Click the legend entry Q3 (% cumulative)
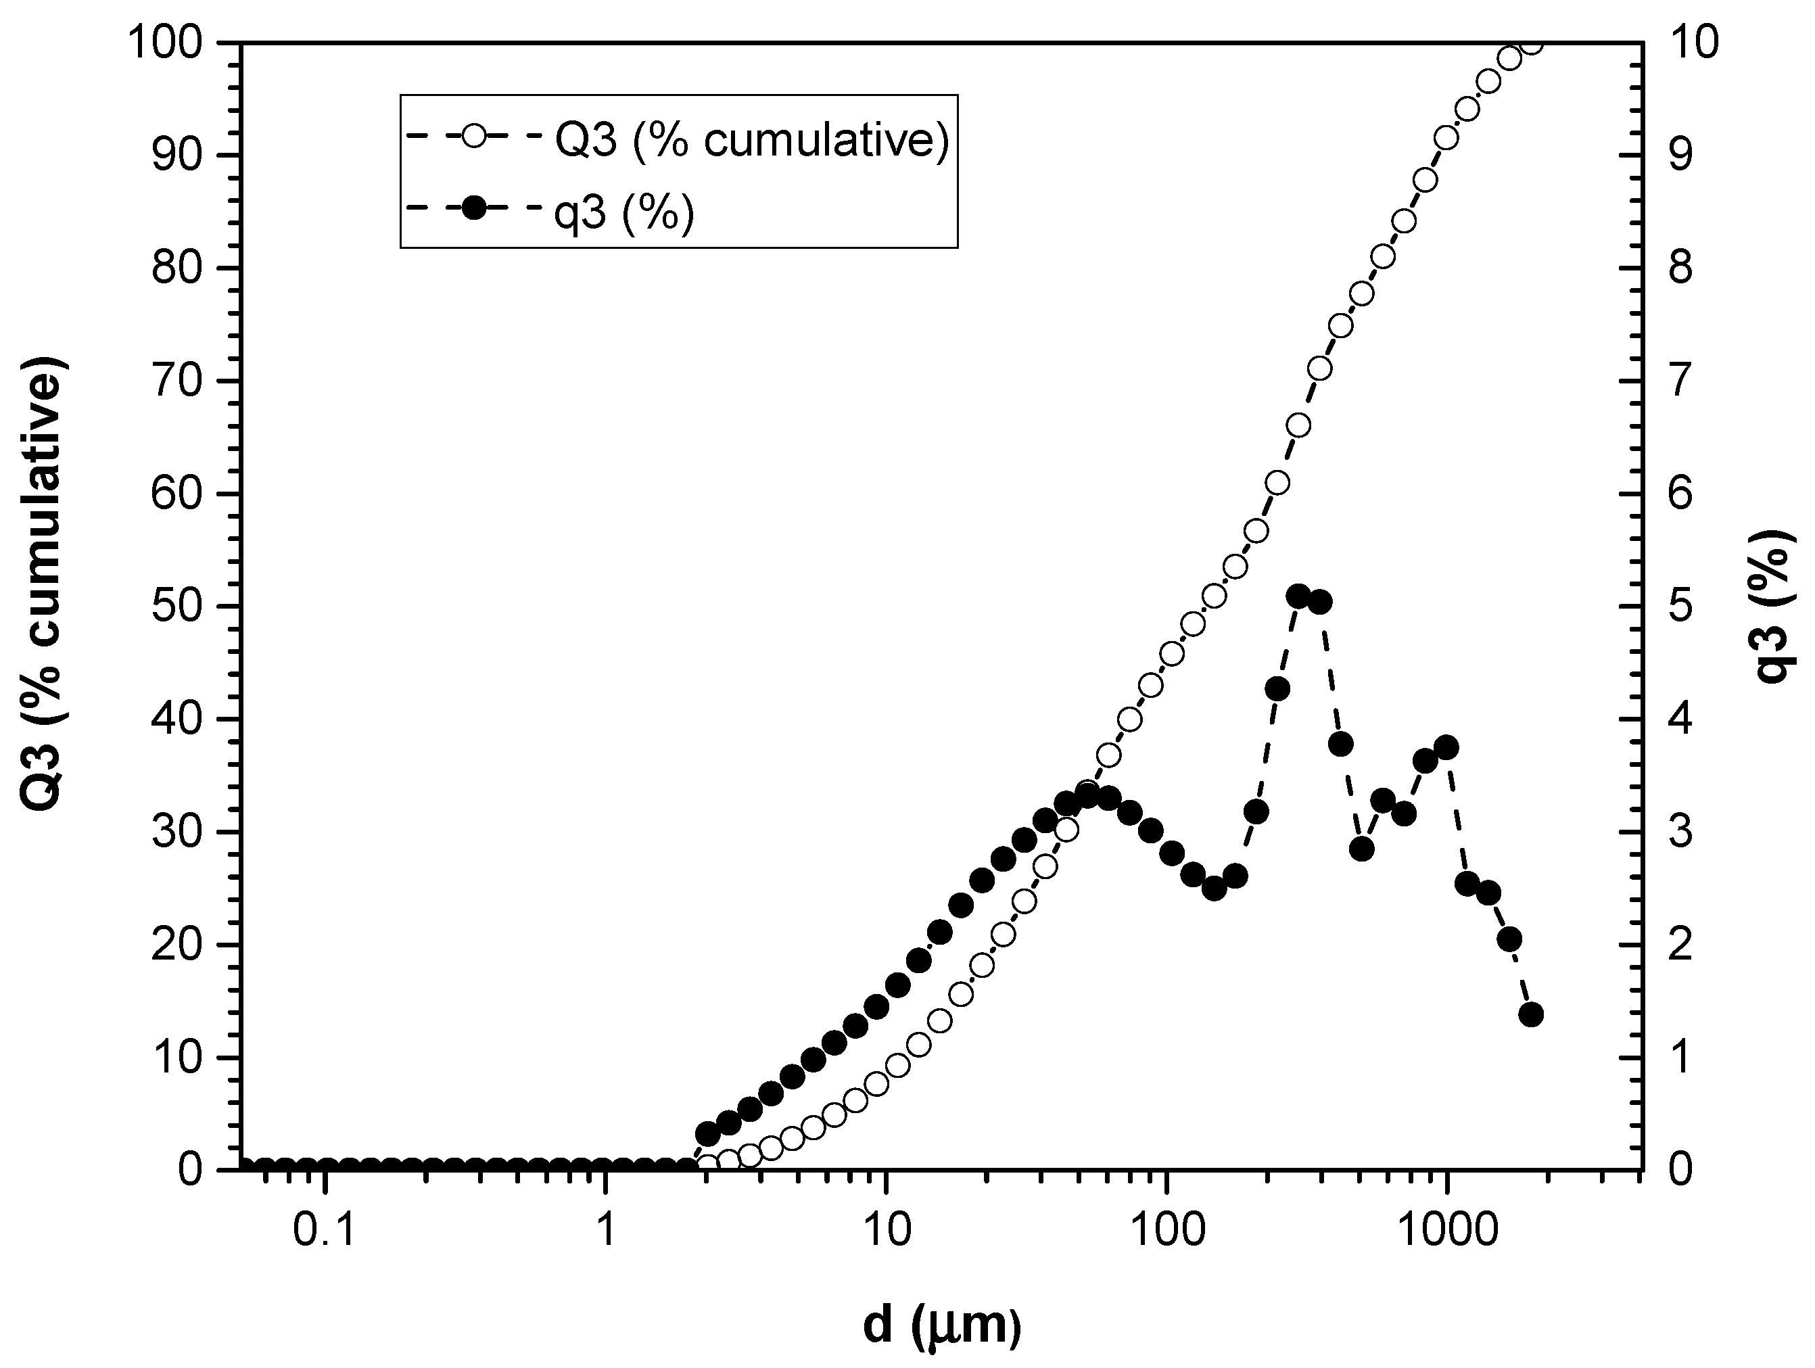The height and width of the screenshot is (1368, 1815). (751, 141)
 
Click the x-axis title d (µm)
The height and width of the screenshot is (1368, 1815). (942, 1325)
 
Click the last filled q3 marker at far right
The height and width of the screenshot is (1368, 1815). (1531, 1015)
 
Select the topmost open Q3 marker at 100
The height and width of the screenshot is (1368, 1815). (1531, 43)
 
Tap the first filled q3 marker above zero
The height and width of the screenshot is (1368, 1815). (707, 1134)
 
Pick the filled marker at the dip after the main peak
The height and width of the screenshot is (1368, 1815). (1362, 849)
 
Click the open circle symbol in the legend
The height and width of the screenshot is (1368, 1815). (473, 135)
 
